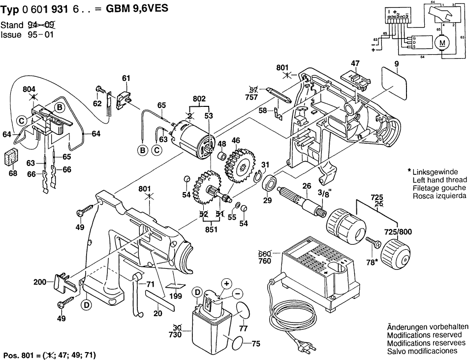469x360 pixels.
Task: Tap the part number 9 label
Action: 396,63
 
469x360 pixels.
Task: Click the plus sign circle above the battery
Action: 226,283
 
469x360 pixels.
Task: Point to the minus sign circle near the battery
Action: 238,294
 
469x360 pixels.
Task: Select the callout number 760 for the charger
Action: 265,261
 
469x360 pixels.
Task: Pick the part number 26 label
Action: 307,186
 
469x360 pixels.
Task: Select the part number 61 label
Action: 126,78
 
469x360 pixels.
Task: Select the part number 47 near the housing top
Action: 355,63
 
